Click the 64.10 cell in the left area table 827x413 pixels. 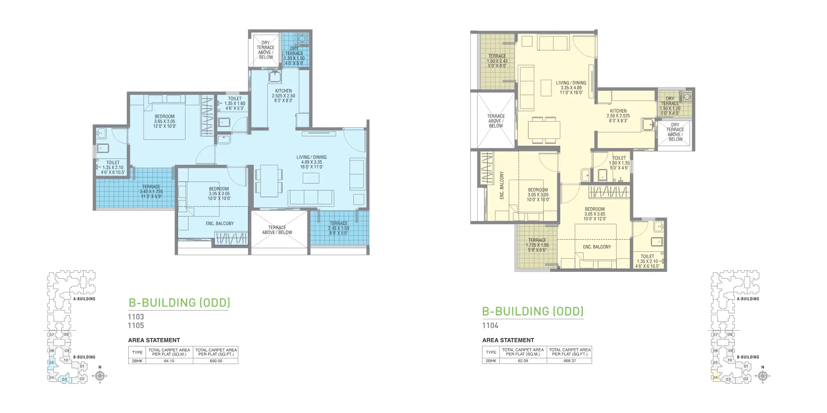tap(169, 361)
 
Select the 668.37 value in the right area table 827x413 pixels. tap(570, 360)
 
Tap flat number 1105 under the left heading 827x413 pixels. tap(136, 325)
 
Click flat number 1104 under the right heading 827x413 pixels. tap(490, 325)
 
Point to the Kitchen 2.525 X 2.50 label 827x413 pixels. tap(283, 96)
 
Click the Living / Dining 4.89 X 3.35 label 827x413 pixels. tap(311, 162)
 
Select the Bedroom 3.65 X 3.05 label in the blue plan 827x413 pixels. tap(165, 121)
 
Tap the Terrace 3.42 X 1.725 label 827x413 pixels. tap(151, 192)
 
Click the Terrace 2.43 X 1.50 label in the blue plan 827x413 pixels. tap(338, 228)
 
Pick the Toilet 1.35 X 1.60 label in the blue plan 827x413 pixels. tap(235, 103)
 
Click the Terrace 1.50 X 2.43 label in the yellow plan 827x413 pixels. tap(497, 61)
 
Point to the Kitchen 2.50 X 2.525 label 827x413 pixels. tap(618, 115)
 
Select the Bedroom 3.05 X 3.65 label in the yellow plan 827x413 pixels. tap(595, 214)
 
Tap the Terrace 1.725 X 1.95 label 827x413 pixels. tap(537, 245)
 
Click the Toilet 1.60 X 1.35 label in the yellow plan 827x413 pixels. tap(619, 163)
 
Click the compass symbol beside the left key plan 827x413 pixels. tap(100, 376)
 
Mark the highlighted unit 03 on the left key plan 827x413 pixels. tap(64, 379)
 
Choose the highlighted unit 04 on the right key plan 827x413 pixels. tap(715, 377)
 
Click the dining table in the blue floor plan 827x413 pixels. tap(269, 180)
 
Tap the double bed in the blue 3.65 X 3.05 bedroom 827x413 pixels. tap(165, 119)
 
